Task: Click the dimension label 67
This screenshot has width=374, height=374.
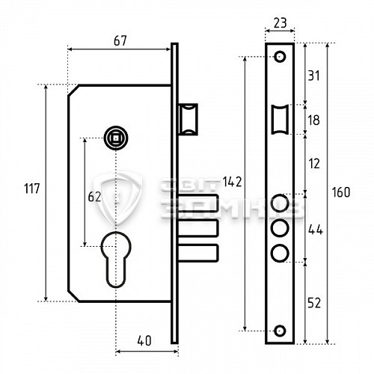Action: click(120, 41)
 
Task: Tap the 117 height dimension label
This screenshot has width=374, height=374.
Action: click(31, 188)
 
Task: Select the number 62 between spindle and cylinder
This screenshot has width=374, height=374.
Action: click(94, 197)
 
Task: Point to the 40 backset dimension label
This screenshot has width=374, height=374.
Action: click(144, 340)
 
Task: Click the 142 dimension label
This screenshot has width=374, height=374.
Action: click(232, 182)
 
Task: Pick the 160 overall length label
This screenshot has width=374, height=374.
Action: click(341, 192)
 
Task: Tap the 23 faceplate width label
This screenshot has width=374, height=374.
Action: click(280, 23)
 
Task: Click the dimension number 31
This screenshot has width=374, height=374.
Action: click(313, 76)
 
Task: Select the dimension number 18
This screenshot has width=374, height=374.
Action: click(313, 120)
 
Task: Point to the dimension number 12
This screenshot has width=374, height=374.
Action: click(314, 164)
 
